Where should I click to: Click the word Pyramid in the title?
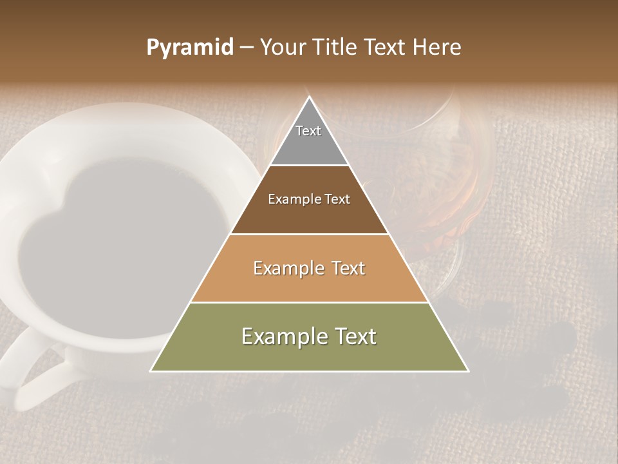tap(189, 48)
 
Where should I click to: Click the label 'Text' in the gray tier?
tap(308, 131)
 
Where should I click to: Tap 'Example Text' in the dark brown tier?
tap(309, 199)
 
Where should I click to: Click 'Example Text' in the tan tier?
tap(309, 268)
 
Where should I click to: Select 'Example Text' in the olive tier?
tap(309, 336)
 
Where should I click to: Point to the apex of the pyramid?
tap(310, 98)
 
